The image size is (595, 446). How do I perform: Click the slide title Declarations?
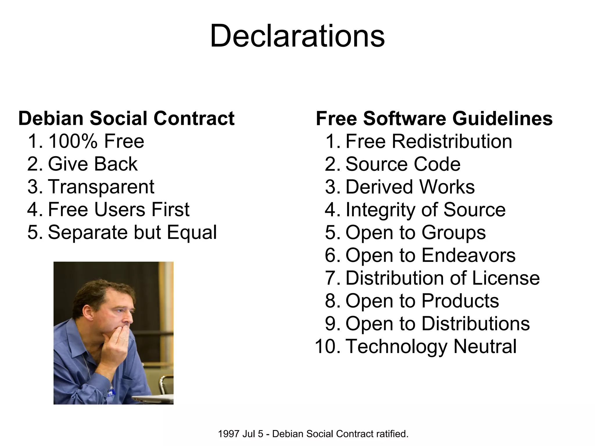[x=297, y=36]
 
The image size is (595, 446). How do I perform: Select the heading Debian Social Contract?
[x=126, y=118]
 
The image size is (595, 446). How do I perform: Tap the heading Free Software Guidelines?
[x=434, y=118]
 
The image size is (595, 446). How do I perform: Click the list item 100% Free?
[x=96, y=141]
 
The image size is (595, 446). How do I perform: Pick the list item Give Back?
[x=92, y=164]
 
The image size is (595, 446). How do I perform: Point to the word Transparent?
[x=101, y=187]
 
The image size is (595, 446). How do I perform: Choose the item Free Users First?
[x=119, y=209]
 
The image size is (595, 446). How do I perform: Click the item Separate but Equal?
[x=132, y=232]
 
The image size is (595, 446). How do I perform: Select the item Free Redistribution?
[x=429, y=141]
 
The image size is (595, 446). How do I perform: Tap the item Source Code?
[x=403, y=164]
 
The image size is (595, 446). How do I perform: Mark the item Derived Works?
[x=410, y=187]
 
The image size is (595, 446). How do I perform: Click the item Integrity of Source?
[x=425, y=209]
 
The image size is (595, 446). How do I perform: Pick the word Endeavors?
[x=468, y=255]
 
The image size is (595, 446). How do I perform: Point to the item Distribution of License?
[x=442, y=278]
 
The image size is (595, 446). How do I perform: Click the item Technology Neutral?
[x=431, y=346]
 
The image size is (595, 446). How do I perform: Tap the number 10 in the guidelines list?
[x=325, y=346]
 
